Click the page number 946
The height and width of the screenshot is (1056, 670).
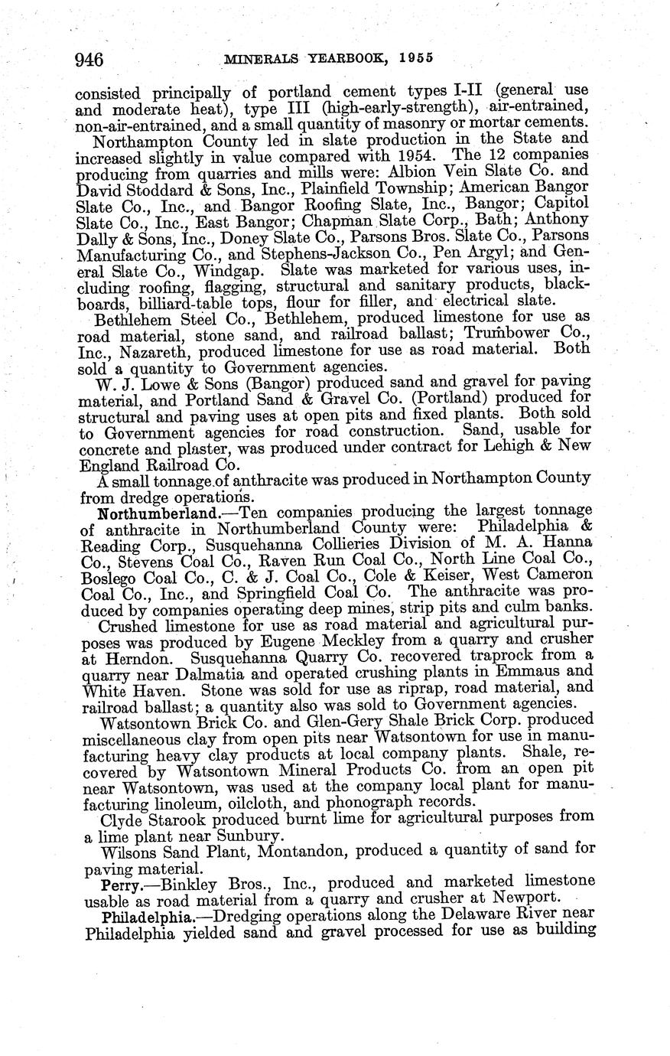tap(89, 59)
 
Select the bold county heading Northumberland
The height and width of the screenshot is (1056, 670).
tap(138, 511)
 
